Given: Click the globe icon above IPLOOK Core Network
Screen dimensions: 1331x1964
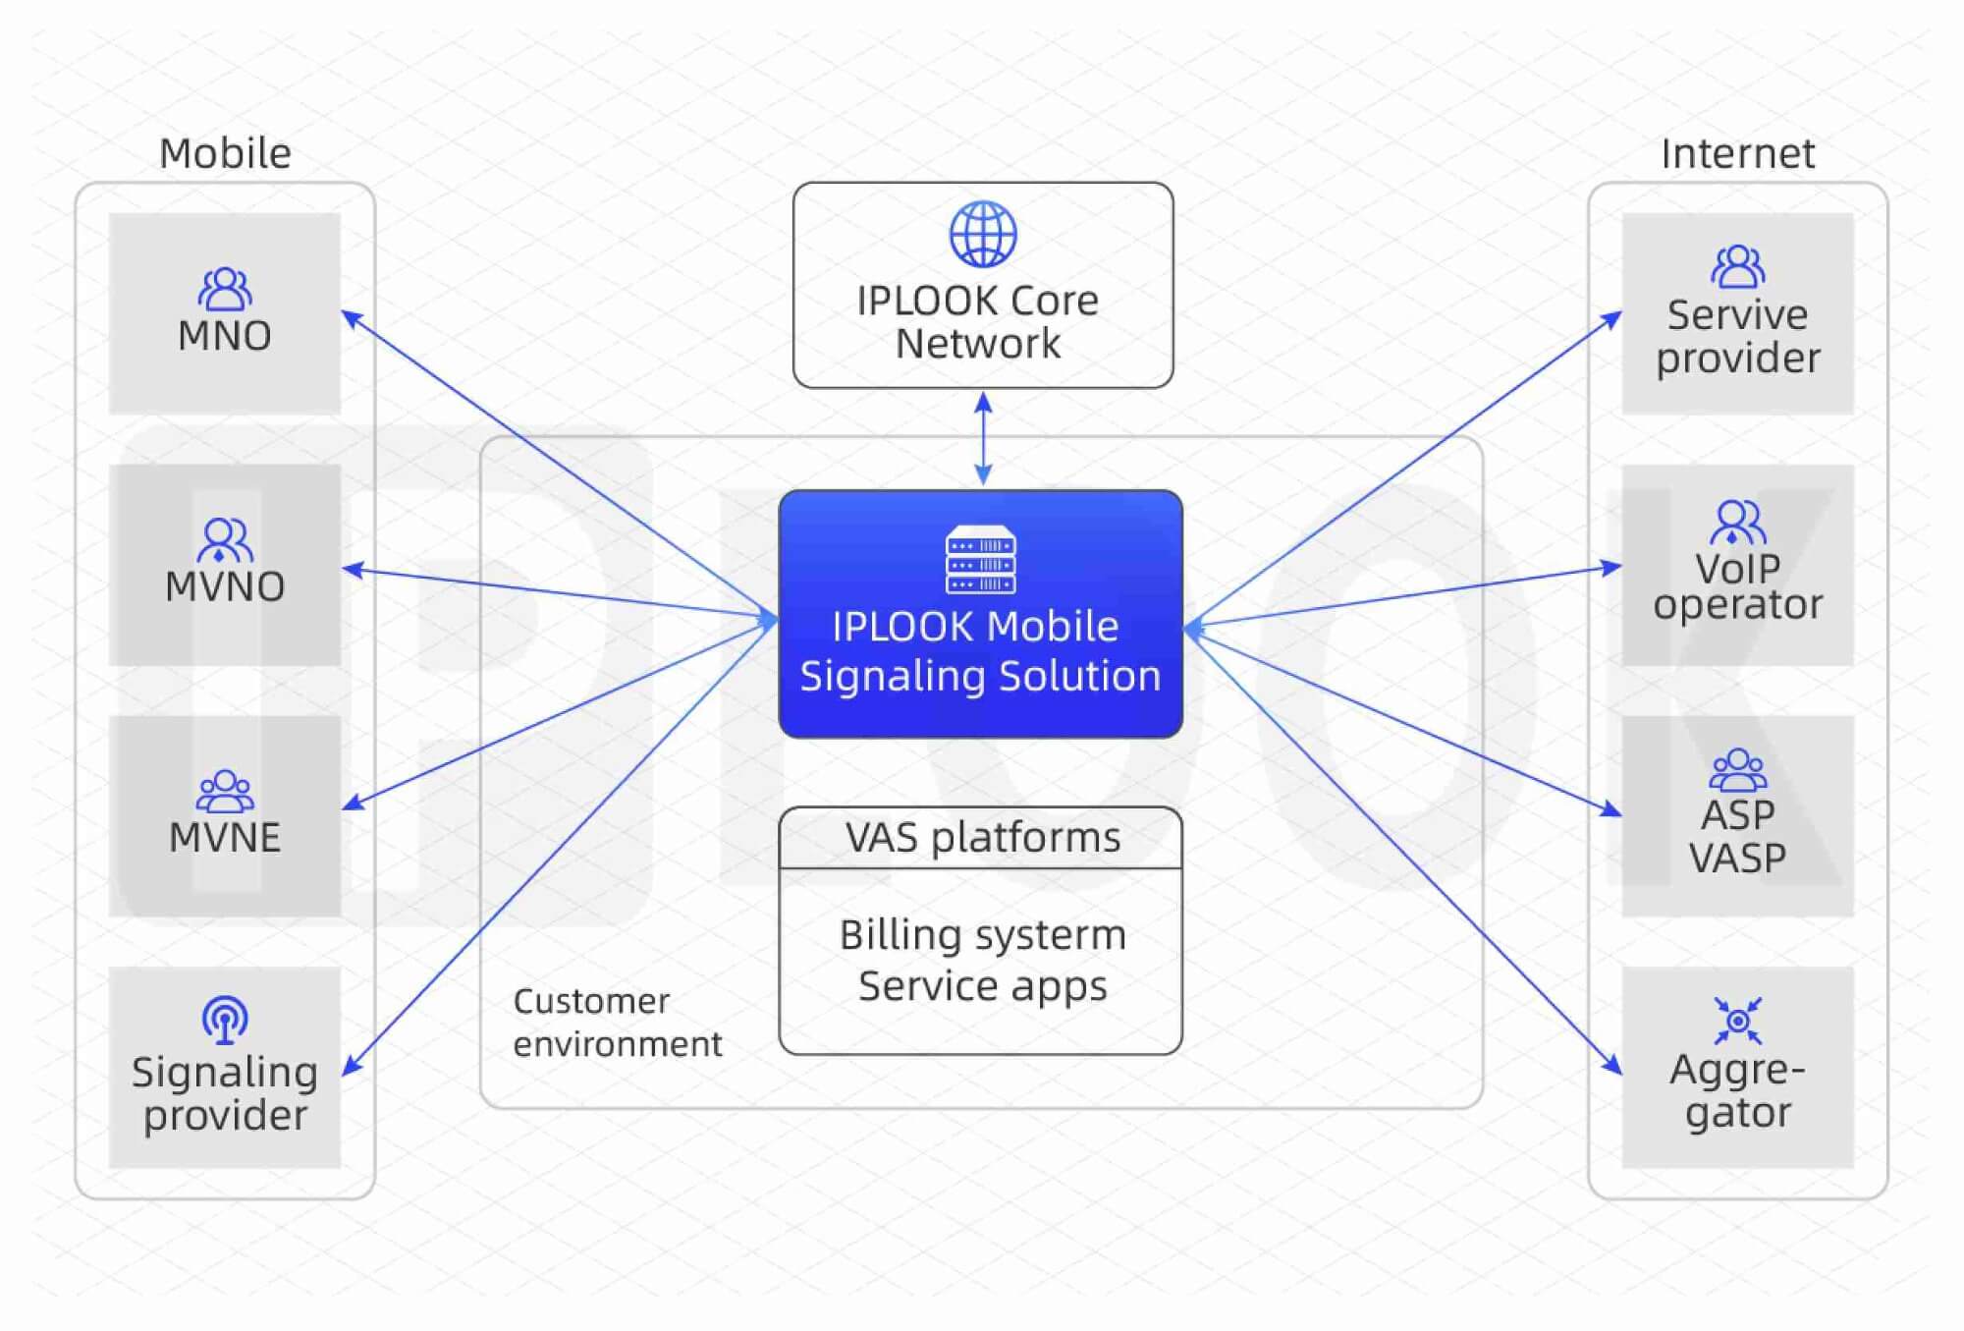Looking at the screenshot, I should (982, 235).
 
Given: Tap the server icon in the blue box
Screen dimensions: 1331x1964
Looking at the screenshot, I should (980, 560).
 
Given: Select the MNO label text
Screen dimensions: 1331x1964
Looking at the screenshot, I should (225, 336).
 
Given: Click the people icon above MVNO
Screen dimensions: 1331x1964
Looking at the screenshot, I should (225, 539).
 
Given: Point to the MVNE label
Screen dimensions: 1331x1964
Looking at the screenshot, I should (225, 838).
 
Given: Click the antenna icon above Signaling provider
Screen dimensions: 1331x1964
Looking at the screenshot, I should (225, 1020).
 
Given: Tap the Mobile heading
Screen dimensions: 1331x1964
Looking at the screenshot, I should (225, 153).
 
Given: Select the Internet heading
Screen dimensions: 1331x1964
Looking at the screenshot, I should (1737, 153).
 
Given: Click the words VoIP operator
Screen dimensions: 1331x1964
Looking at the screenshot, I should (1737, 586).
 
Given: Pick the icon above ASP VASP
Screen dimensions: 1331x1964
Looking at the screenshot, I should (1737, 770).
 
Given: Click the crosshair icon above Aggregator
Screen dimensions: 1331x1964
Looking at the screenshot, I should (1737, 1021).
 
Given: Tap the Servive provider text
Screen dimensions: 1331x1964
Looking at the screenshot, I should (1737, 337).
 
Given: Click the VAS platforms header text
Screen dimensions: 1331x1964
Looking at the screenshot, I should (982, 838).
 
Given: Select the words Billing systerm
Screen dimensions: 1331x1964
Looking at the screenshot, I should (982, 935).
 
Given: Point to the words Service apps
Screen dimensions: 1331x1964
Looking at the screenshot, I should (982, 985).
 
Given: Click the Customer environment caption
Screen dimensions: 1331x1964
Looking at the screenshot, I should (617, 1023).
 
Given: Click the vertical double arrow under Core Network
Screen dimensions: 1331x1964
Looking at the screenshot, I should (983, 438).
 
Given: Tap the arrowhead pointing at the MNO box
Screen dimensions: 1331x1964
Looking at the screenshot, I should (351, 317).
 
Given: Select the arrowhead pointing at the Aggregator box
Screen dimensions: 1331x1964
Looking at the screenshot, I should (1612, 1066).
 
